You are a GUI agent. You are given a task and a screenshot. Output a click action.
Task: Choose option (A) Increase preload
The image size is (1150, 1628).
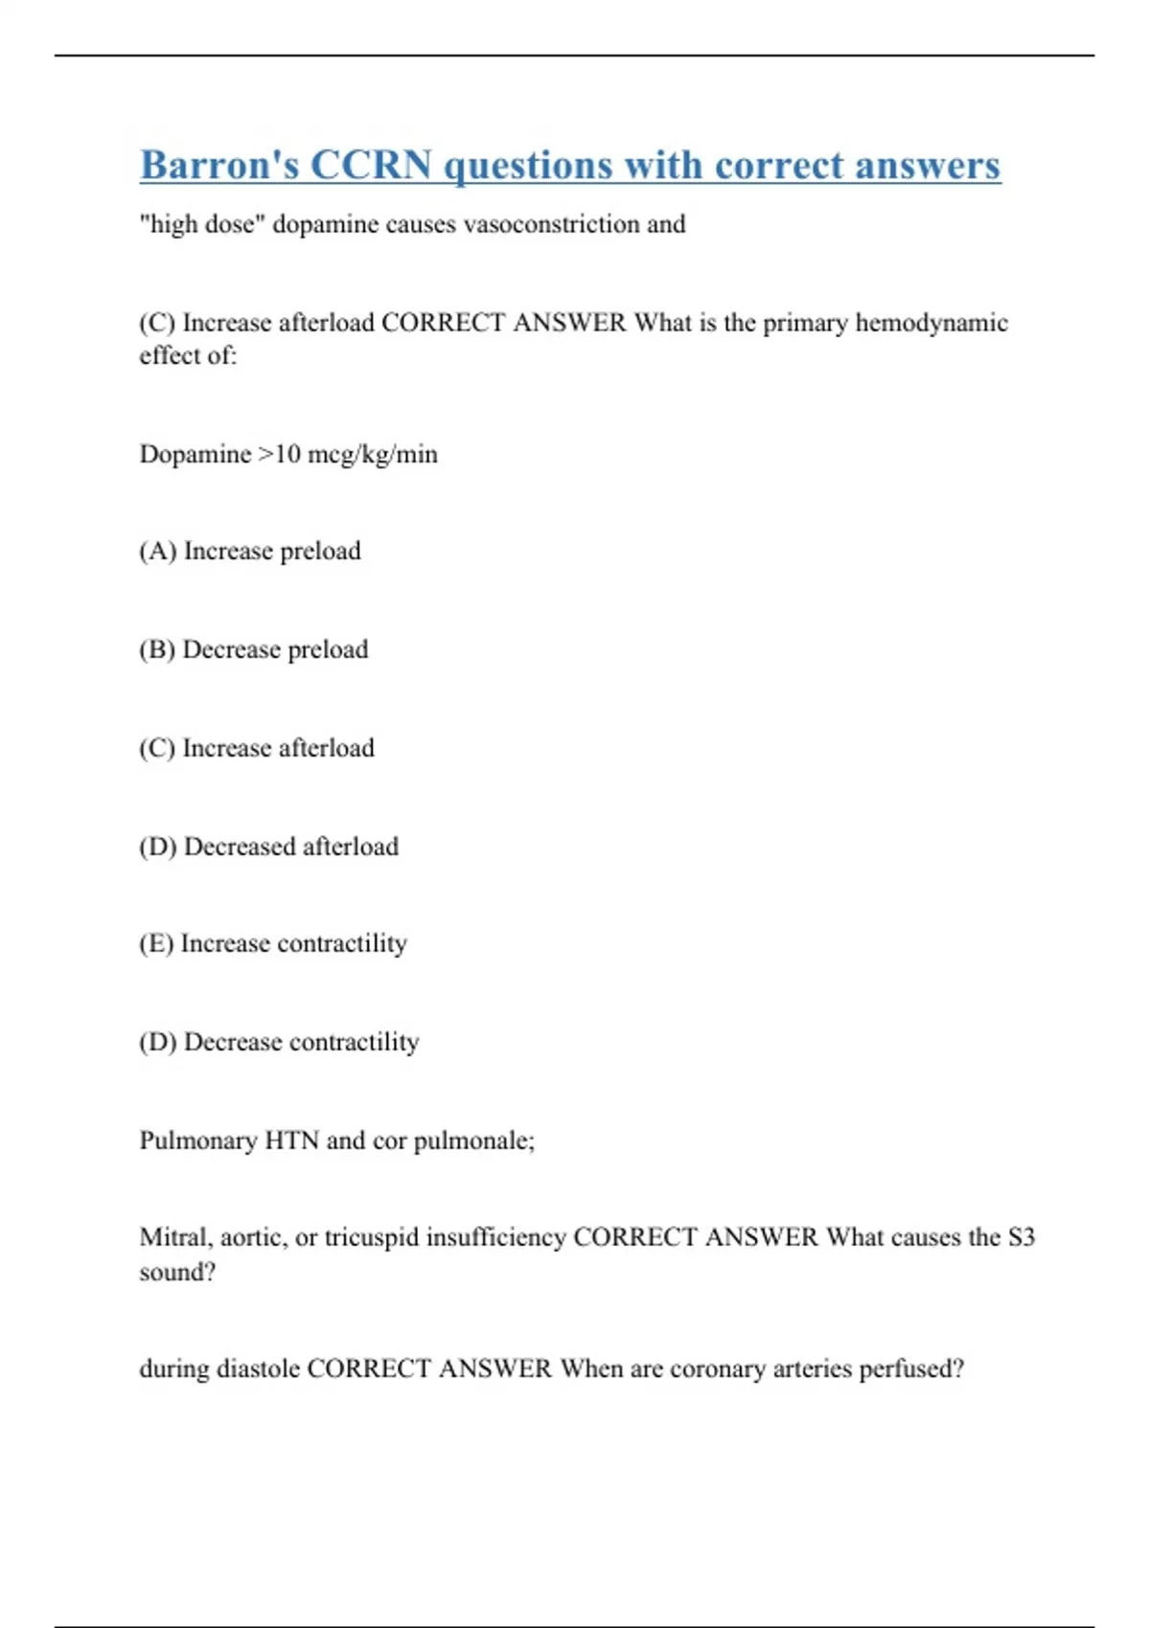(250, 552)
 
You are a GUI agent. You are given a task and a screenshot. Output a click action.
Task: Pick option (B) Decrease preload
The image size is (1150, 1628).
(253, 650)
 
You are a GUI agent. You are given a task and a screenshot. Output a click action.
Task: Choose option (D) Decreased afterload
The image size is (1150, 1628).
(268, 847)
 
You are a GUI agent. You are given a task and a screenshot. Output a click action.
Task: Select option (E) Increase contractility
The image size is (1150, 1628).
(273, 944)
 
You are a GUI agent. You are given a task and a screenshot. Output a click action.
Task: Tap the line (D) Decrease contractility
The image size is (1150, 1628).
(279, 1042)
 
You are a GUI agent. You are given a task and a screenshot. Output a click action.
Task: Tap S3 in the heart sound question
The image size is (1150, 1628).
(1022, 1238)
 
